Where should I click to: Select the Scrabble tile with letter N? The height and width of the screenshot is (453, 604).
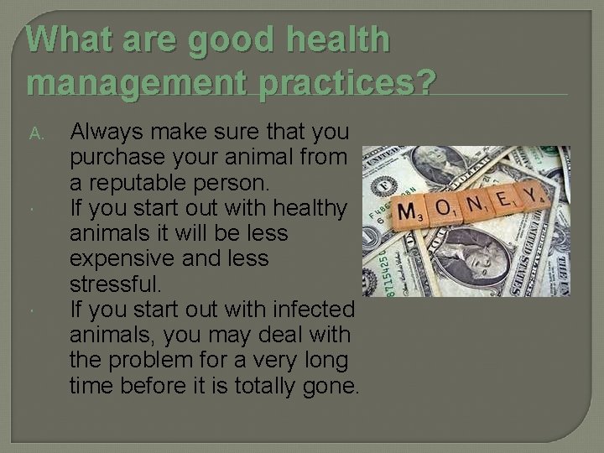click(x=475, y=203)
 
